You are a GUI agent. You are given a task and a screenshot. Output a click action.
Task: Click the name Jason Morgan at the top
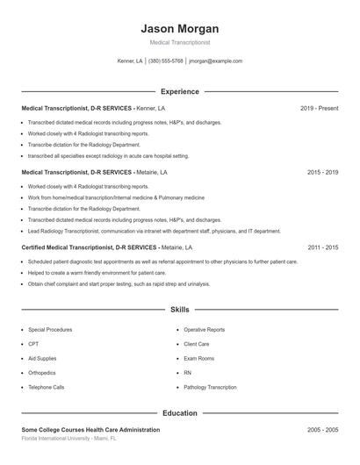pyautogui.click(x=179, y=29)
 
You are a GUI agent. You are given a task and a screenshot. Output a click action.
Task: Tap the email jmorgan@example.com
pyautogui.click(x=215, y=61)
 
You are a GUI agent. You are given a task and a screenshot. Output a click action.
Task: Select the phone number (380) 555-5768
pyautogui.click(x=166, y=61)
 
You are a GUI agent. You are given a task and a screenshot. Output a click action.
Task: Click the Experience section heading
pyautogui.click(x=179, y=91)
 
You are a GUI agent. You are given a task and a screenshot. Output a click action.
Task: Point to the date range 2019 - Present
pyautogui.click(x=319, y=108)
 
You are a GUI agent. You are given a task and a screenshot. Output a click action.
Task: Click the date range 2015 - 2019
pyautogui.click(x=322, y=173)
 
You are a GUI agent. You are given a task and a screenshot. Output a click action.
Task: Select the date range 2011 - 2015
pyautogui.click(x=322, y=248)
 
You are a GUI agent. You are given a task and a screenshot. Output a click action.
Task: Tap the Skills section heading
pyautogui.click(x=179, y=310)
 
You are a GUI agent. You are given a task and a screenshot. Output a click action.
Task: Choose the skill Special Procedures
pyautogui.click(x=50, y=330)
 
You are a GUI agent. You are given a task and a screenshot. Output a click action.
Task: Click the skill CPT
pyautogui.click(x=33, y=344)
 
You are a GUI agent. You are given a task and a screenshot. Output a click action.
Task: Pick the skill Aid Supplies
pyautogui.click(x=42, y=358)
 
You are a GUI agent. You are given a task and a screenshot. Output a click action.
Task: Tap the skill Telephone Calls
pyautogui.click(x=46, y=387)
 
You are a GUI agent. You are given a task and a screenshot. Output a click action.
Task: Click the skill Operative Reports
pyautogui.click(x=204, y=330)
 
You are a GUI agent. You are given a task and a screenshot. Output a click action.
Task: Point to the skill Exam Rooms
pyautogui.click(x=199, y=358)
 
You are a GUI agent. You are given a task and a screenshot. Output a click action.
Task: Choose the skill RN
pyautogui.click(x=187, y=372)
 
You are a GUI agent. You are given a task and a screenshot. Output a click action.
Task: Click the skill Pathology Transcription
pyautogui.click(x=210, y=387)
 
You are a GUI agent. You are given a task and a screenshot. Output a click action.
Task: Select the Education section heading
pyautogui.click(x=179, y=412)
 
